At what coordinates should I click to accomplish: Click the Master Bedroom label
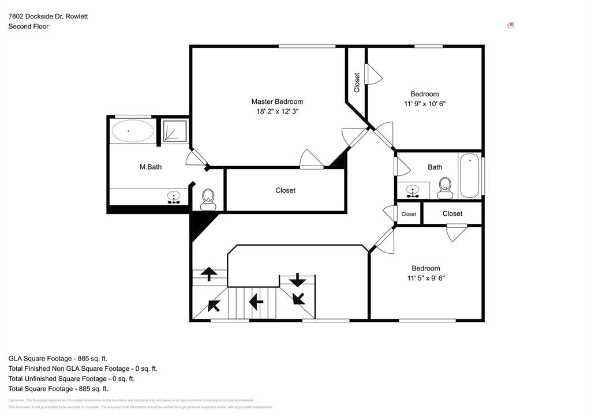tap(277, 102)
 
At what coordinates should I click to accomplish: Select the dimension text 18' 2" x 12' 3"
tap(277, 111)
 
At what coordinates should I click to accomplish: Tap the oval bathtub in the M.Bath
tap(132, 131)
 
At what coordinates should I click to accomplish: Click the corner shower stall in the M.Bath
tap(174, 131)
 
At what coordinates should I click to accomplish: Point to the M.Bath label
tap(151, 167)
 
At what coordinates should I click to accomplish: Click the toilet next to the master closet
tap(208, 200)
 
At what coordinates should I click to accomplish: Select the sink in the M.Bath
tap(173, 198)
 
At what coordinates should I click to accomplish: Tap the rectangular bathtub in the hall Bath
tap(470, 175)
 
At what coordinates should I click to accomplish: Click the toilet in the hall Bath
tap(445, 187)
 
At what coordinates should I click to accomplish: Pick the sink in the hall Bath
tap(413, 190)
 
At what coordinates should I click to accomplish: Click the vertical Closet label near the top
tap(357, 82)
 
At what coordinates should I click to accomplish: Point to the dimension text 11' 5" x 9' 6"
tap(426, 278)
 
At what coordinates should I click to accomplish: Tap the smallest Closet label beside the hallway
tap(409, 214)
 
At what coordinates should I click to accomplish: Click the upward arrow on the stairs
tap(208, 273)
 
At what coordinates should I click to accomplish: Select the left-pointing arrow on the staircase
tap(255, 300)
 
